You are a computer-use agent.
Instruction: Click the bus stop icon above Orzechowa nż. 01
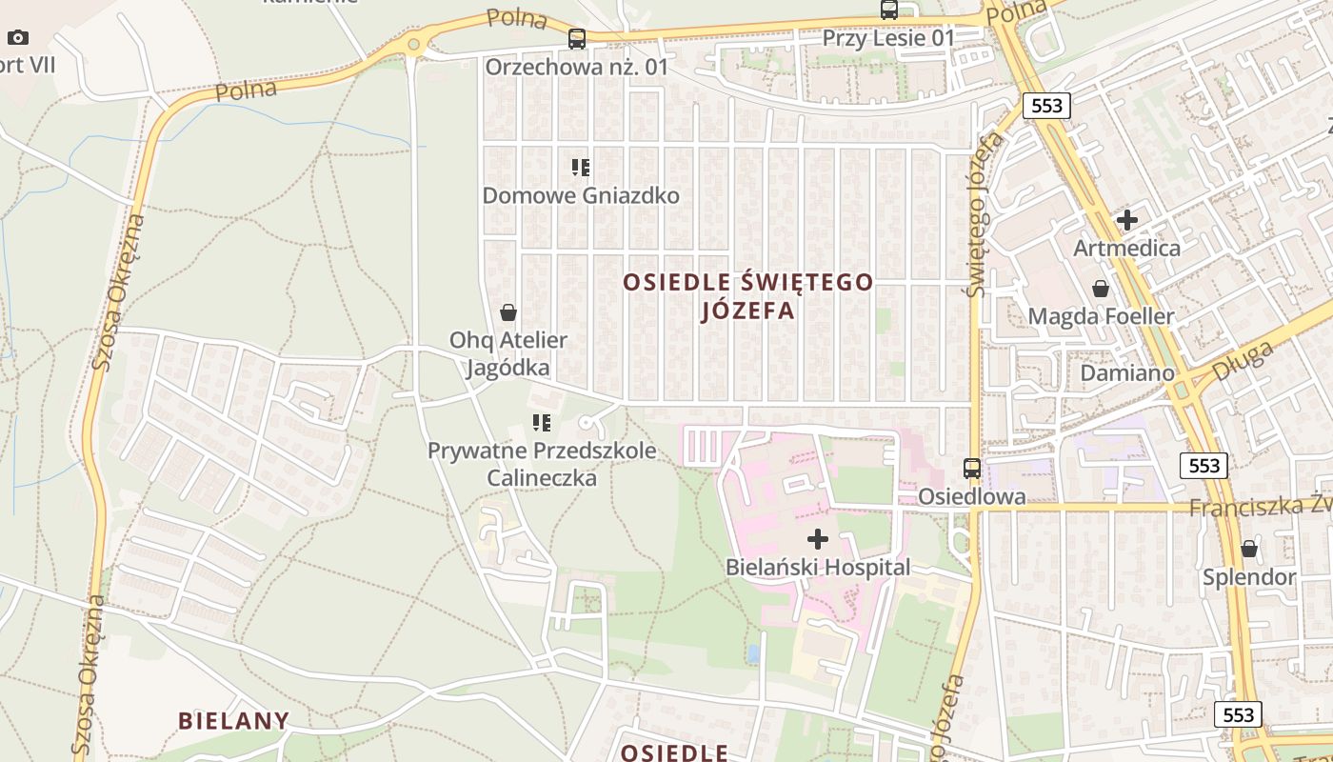pyautogui.click(x=577, y=39)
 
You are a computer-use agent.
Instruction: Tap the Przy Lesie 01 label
pyautogui.click(x=888, y=38)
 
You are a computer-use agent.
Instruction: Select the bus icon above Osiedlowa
pyautogui.click(x=972, y=468)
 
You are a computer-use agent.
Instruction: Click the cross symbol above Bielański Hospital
pyautogui.click(x=818, y=539)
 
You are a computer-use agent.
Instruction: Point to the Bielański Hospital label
pyautogui.click(x=818, y=568)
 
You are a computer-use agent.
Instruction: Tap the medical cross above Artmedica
pyautogui.click(x=1127, y=220)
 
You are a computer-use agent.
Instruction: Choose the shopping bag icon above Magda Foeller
pyautogui.click(x=1101, y=288)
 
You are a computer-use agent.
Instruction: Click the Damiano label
pyautogui.click(x=1127, y=373)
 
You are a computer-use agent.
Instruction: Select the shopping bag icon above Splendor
pyautogui.click(x=1249, y=549)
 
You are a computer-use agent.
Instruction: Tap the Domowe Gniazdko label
pyautogui.click(x=581, y=196)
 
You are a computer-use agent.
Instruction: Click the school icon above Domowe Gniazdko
pyautogui.click(x=581, y=168)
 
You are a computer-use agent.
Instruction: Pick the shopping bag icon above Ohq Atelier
pyautogui.click(x=508, y=311)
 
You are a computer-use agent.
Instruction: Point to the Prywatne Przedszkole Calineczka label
pyautogui.click(x=542, y=463)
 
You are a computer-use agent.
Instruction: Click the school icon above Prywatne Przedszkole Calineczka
pyautogui.click(x=542, y=422)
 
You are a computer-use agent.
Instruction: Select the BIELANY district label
pyautogui.click(x=233, y=720)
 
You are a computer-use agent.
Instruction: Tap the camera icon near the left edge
pyautogui.click(x=18, y=38)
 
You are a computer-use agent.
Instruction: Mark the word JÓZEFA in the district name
pyautogui.click(x=747, y=311)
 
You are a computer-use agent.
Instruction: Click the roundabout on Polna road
pyautogui.click(x=413, y=44)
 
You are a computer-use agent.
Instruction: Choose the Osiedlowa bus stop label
pyautogui.click(x=972, y=496)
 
